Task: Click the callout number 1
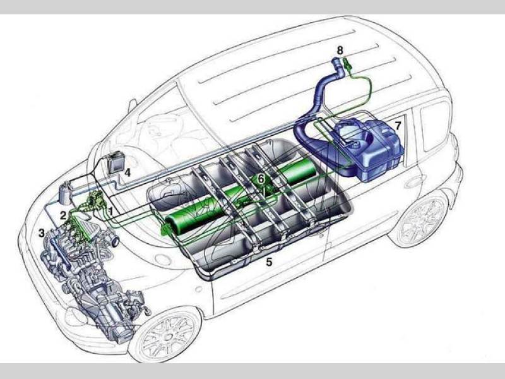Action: click(110, 212)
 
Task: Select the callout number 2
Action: click(63, 215)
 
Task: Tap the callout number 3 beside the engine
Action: click(42, 232)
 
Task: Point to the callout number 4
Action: click(128, 172)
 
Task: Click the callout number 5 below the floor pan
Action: click(269, 262)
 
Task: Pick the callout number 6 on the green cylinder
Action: click(261, 178)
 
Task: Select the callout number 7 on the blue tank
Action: click(398, 125)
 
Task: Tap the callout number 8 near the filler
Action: click(340, 51)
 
